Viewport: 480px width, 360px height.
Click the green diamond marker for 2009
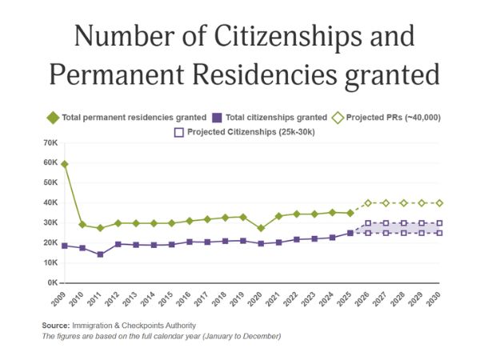[x=64, y=164]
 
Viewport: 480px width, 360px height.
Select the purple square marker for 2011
[x=100, y=254]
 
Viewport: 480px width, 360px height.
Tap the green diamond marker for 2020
[x=261, y=228]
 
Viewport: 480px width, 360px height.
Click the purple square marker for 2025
[x=350, y=233]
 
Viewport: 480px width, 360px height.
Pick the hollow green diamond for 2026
[x=368, y=203]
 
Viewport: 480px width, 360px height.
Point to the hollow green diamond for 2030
[x=439, y=203]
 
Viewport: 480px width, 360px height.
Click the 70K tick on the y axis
[x=50, y=143]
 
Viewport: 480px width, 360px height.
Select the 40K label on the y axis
[x=50, y=203]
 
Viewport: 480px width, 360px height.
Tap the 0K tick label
[x=52, y=283]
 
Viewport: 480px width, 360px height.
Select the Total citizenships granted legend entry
[x=268, y=118]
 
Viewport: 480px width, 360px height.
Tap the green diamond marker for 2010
[x=82, y=225]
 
